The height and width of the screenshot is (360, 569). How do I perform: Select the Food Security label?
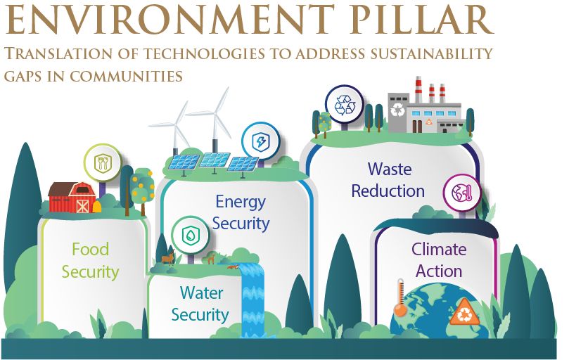(x=90, y=260)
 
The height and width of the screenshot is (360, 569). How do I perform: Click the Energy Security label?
(x=241, y=212)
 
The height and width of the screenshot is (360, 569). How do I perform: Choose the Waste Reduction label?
(x=388, y=180)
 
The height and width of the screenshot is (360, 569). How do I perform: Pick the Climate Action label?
(x=439, y=260)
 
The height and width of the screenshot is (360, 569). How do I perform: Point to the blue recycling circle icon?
(x=345, y=105)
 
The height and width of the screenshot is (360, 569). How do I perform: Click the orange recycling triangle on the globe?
(x=465, y=314)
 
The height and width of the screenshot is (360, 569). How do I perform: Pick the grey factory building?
(x=423, y=112)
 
